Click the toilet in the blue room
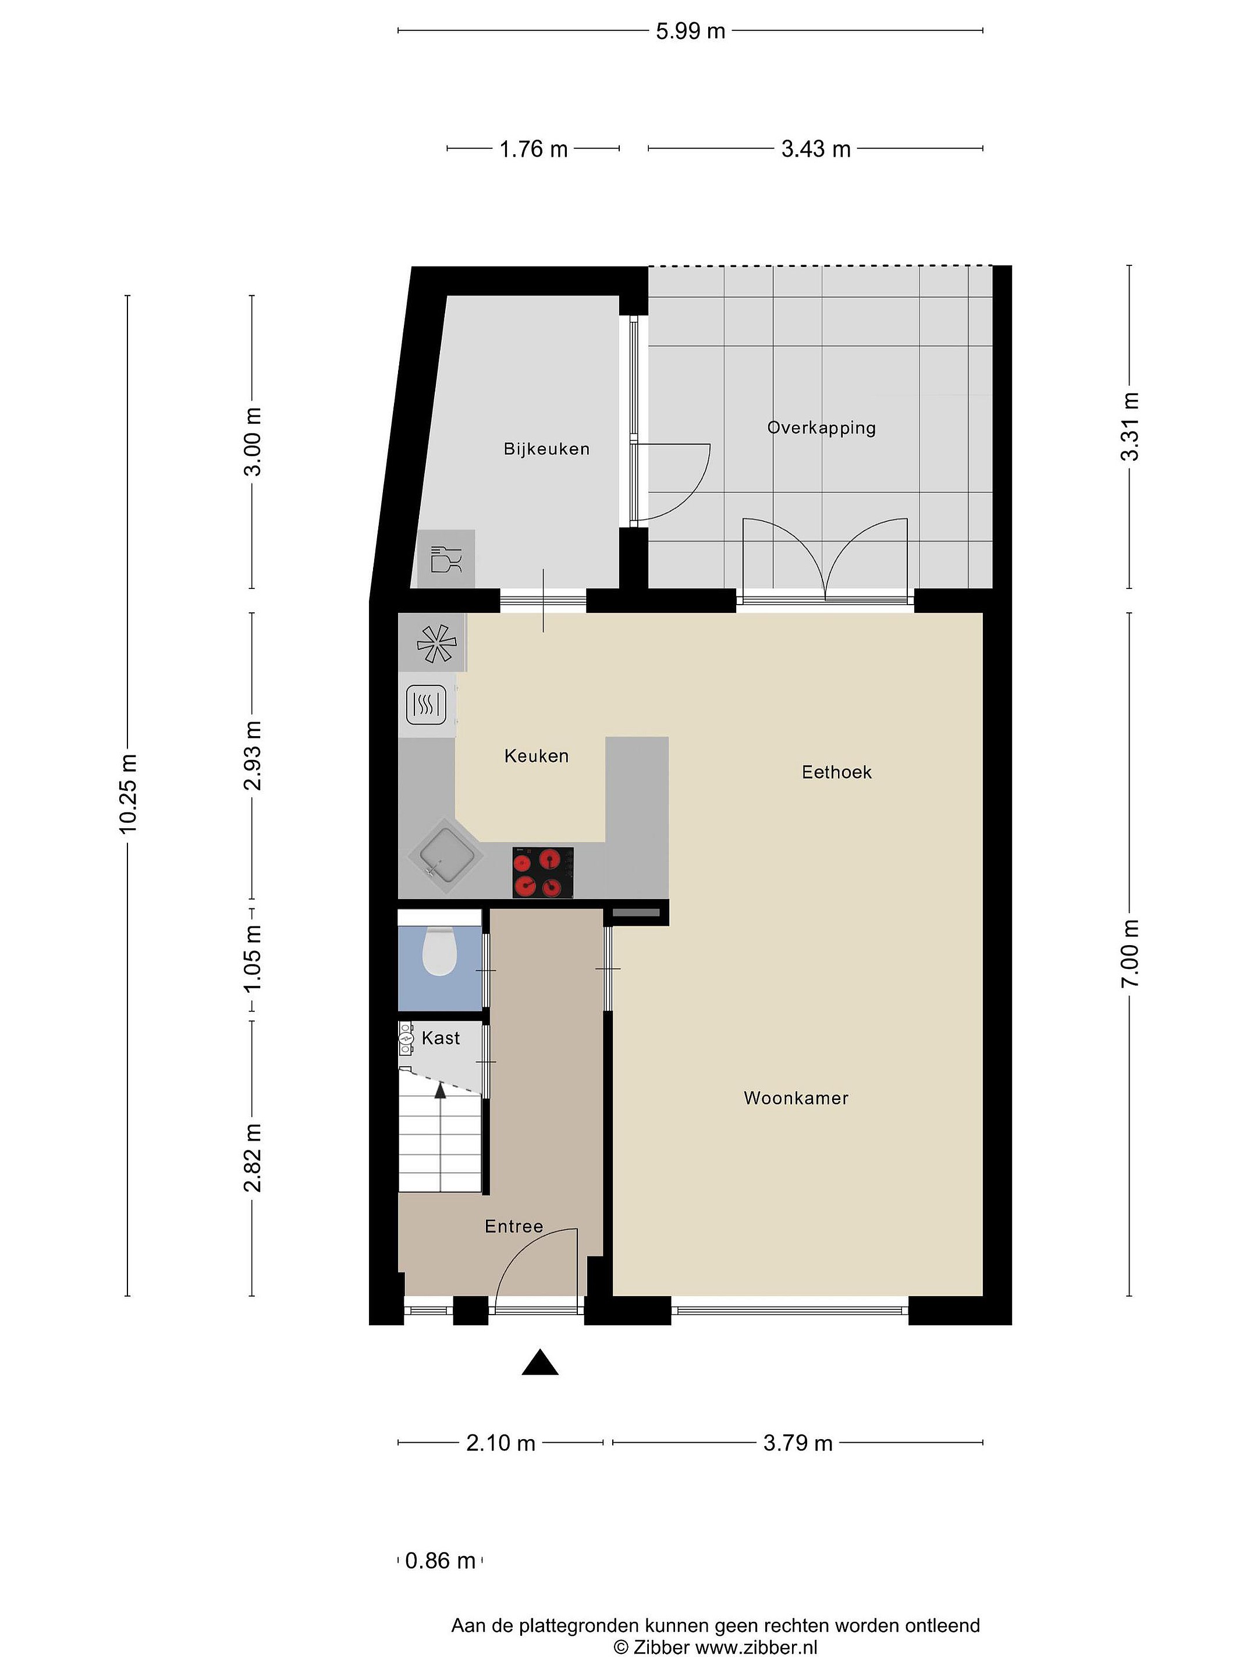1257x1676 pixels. point(439,951)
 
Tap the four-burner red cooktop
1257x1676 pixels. point(542,873)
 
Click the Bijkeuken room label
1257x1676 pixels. point(546,449)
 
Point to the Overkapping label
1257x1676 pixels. point(821,428)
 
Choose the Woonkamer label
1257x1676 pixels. point(796,1098)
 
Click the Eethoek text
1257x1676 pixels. point(836,772)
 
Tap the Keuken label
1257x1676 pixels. point(537,755)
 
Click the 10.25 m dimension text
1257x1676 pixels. point(127,794)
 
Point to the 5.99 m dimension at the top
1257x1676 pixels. point(690,31)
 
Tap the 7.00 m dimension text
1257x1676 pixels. point(1130,953)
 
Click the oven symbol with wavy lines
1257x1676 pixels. point(427,705)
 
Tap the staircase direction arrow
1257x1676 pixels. point(439,1089)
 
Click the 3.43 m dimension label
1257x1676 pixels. point(816,148)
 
